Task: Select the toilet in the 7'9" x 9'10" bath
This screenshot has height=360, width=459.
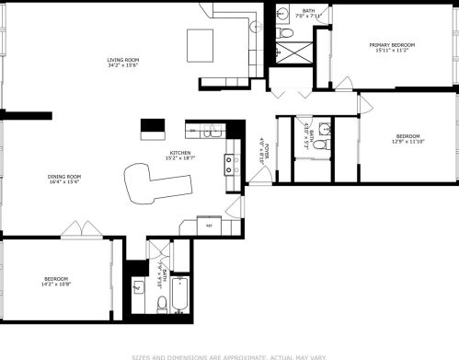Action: [x=162, y=301]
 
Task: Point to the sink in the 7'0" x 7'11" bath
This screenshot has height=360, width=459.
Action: [x=284, y=14]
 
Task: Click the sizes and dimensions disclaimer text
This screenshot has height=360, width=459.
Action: [x=230, y=354]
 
